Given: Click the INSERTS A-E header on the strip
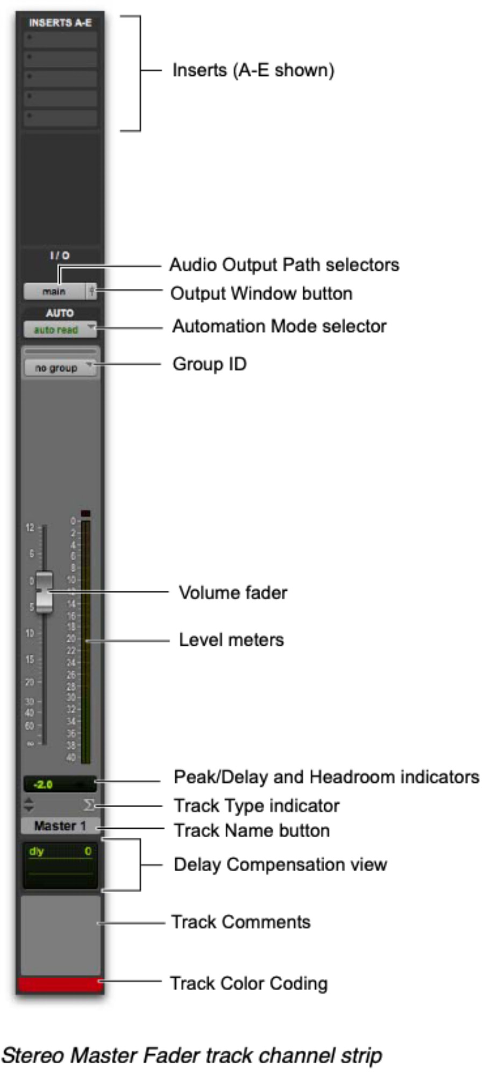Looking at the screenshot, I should pyautogui.click(x=60, y=23).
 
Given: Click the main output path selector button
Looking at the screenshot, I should pyautogui.click(x=54, y=291).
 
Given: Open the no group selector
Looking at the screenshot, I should pyautogui.click(x=60, y=368).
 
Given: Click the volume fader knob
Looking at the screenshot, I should pyautogui.click(x=44, y=592).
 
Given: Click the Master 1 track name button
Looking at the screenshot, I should pyautogui.click(x=60, y=826).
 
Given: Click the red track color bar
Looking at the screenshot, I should pyautogui.click(x=59, y=984).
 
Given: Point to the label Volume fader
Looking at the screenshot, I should pyautogui.click(x=233, y=592).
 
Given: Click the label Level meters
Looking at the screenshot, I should pyautogui.click(x=231, y=640).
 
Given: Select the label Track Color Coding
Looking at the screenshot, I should pyautogui.click(x=248, y=983).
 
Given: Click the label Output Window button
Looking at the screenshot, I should pyautogui.click(x=261, y=293).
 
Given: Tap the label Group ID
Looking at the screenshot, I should pyautogui.click(x=209, y=364).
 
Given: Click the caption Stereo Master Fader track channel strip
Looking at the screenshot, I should pyautogui.click(x=191, y=1055).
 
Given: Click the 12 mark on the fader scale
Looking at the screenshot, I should pyautogui.click(x=30, y=527).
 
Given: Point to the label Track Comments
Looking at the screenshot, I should pyautogui.click(x=241, y=922).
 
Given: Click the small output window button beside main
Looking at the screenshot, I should pyautogui.click(x=92, y=291).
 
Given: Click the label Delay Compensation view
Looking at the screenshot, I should pyautogui.click(x=280, y=864).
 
